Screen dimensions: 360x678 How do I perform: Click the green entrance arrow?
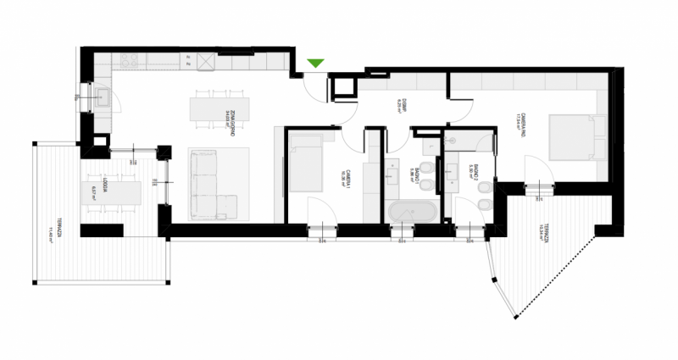coord(316,63)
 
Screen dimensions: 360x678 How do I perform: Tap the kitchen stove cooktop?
coord(130,61)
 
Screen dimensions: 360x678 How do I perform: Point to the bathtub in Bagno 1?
coord(413,211)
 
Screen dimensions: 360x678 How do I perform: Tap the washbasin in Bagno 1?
coord(395,174)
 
